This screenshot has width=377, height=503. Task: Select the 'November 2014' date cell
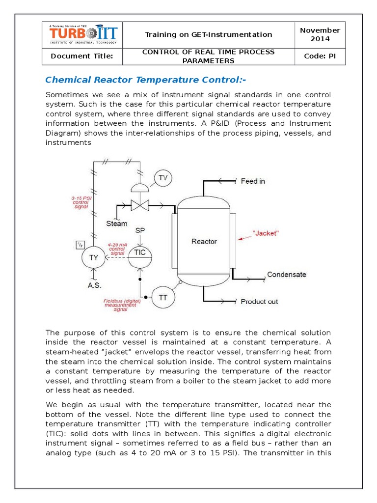coord(320,34)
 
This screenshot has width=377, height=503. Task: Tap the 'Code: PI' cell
coord(320,56)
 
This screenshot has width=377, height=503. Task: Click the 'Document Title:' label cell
coord(82,56)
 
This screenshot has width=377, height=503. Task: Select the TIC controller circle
coord(140,252)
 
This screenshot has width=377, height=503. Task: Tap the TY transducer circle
coord(93,256)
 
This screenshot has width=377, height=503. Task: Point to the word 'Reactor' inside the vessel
coord(204,241)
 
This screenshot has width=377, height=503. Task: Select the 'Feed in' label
coord(253,181)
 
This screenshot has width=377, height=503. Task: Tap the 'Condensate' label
coord(286,275)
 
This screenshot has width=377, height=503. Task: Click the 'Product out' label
coord(259,301)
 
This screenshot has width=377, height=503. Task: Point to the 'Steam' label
coord(117,224)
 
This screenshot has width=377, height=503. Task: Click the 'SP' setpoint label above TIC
coord(140,230)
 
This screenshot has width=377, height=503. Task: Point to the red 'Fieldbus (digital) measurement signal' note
coord(120,305)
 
